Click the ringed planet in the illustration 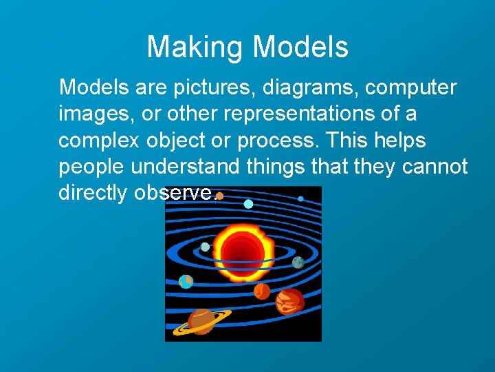[201, 320]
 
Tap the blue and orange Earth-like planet [186, 281]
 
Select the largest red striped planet [289, 301]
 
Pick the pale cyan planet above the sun [248, 203]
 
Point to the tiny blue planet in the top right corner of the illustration [300, 198]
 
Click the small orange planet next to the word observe [219, 196]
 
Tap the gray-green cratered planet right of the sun [298, 262]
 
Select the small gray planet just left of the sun [205, 247]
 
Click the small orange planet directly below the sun [262, 291]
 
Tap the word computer [410, 87]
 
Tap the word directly [92, 192]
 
